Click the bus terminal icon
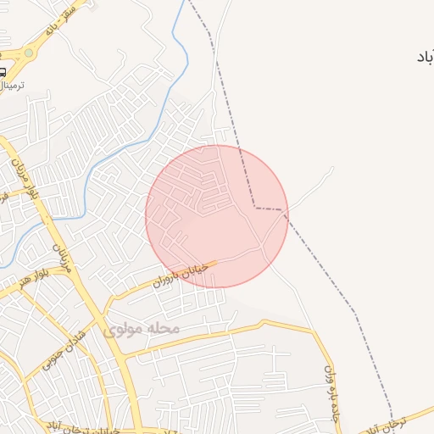pos(3,71)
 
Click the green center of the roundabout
pos(30,53)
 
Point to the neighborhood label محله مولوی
pos(142,328)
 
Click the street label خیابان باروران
pos(179,275)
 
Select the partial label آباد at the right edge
pos(424,58)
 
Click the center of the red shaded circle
pos(217,216)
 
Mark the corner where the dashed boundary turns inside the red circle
pos(254,208)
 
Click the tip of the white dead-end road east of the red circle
pos(333,168)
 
